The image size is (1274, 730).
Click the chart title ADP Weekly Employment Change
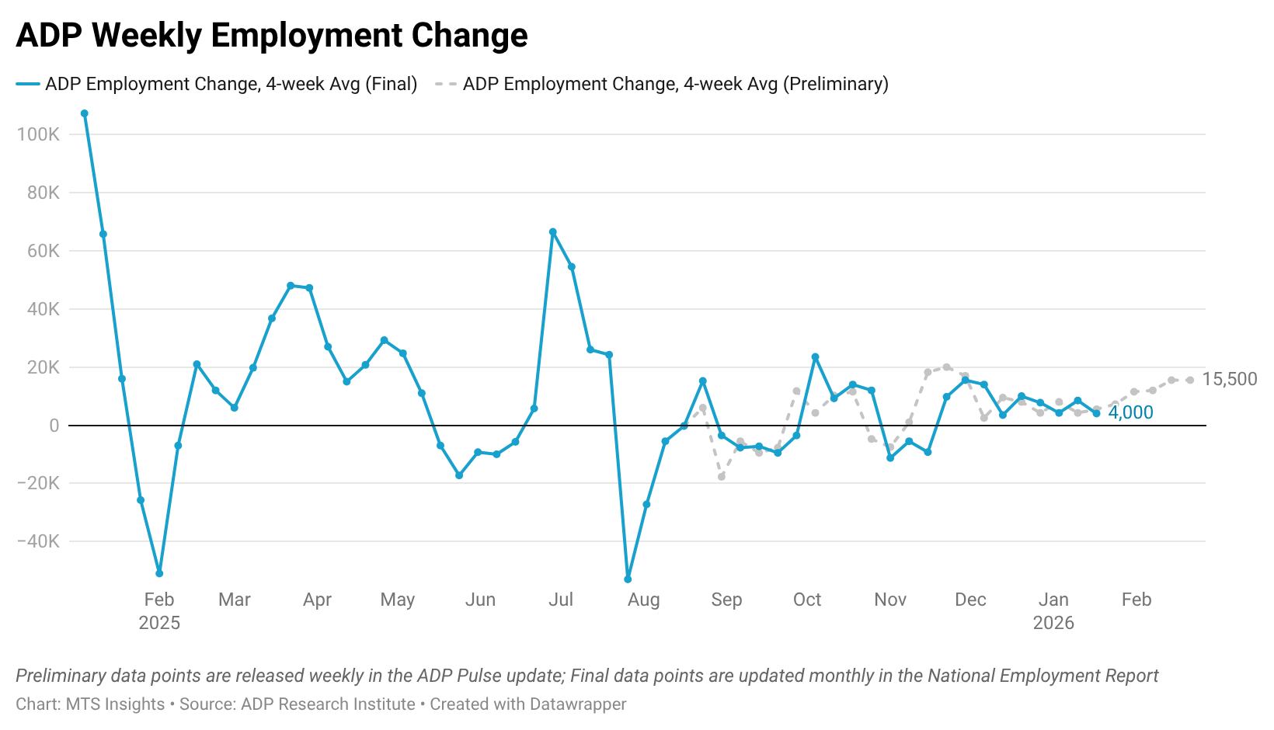point(272,36)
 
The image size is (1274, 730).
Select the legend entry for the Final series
point(218,84)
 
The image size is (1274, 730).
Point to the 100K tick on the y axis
point(38,134)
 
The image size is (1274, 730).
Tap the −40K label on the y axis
point(38,541)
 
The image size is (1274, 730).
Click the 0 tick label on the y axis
point(54,426)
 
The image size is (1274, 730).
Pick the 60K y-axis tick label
point(44,251)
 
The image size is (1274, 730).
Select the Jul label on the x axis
point(561,600)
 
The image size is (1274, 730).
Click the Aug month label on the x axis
point(643,600)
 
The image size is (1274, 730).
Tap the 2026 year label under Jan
point(1053,623)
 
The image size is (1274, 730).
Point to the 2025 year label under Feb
point(159,623)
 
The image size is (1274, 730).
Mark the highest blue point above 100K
point(85,113)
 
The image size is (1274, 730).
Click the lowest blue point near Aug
point(628,579)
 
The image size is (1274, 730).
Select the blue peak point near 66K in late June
point(553,231)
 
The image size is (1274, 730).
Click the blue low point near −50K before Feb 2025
point(159,573)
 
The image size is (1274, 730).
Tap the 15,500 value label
point(1229,379)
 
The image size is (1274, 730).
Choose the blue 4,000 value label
point(1130,412)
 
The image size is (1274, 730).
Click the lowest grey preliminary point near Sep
point(722,477)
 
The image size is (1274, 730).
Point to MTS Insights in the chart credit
point(115,704)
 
